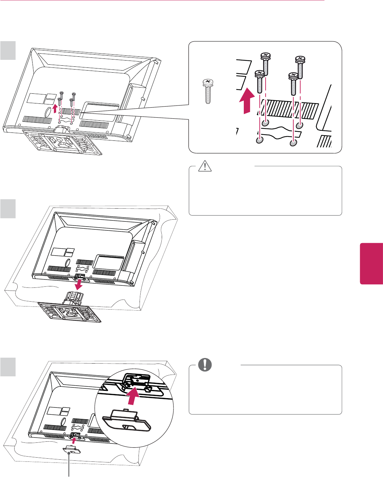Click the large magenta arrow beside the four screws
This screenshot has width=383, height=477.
coord(246,101)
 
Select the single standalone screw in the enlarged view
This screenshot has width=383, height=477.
coord(208,91)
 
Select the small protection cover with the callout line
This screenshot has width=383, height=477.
coord(70,448)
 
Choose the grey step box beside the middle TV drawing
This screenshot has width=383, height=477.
coord(8,209)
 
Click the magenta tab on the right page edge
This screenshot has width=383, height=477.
coord(371,264)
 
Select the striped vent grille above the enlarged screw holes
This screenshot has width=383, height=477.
coord(289,109)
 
